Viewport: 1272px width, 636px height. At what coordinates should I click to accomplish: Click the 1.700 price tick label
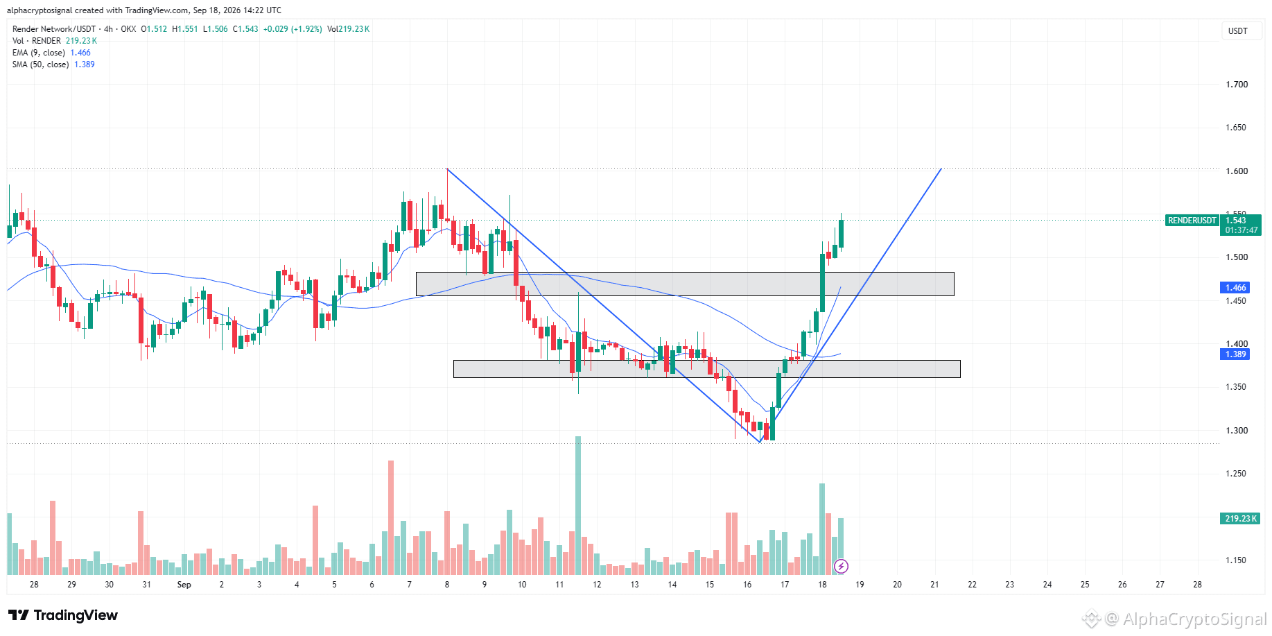(1237, 85)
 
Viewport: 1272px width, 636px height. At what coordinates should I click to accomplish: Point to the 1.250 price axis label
(1237, 474)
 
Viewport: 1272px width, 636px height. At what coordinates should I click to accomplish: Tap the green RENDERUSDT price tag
(1192, 221)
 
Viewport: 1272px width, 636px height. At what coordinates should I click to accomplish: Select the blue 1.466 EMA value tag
(1235, 288)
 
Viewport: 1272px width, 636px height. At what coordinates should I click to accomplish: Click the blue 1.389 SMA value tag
(1235, 354)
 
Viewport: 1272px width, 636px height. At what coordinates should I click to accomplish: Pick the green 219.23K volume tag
(1240, 519)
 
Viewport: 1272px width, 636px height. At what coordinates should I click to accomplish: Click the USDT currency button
(1238, 31)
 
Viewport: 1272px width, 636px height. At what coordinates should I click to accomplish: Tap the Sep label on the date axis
(184, 585)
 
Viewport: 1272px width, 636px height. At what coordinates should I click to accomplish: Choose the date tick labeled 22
(973, 585)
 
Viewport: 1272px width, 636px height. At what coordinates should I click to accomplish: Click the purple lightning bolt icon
(841, 567)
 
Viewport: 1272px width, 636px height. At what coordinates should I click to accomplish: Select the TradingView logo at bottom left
(63, 615)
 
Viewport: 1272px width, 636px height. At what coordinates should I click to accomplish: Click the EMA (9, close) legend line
(51, 53)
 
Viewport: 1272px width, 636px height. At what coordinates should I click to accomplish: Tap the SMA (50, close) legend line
(53, 65)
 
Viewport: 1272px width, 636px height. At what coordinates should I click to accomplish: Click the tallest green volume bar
(578, 506)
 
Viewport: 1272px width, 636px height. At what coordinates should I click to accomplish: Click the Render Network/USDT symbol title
(54, 29)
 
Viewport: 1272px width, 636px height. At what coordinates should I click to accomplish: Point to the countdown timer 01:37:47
(1241, 231)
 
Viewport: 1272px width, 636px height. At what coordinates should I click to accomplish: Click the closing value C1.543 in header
(245, 29)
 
